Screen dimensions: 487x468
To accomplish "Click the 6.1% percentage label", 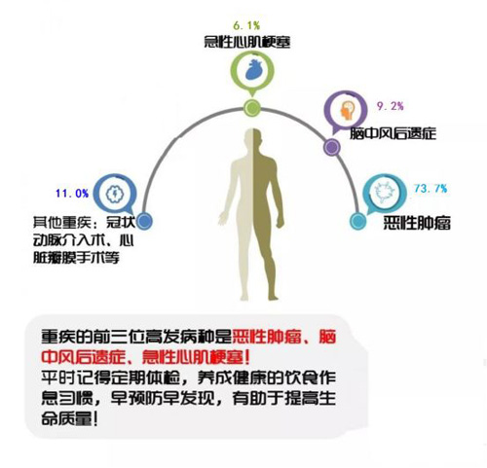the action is click(246, 25).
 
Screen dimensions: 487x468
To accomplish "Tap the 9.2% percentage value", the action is click(391, 106).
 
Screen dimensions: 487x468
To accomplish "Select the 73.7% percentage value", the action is click(431, 188).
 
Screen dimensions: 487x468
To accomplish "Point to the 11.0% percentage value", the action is click(72, 194).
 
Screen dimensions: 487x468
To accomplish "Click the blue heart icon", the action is click(252, 69).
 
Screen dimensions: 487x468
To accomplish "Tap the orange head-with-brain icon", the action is click(347, 110).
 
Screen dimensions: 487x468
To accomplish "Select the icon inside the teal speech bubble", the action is click(385, 194).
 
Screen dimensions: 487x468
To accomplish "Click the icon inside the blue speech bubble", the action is click(115, 194).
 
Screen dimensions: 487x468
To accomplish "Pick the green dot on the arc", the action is click(252, 108).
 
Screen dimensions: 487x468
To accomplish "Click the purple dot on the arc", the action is click(332, 148).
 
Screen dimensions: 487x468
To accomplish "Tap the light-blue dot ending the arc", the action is click(357, 221).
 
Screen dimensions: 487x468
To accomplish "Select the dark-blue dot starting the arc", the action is click(144, 222).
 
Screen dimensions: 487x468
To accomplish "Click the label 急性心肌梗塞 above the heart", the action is click(247, 42).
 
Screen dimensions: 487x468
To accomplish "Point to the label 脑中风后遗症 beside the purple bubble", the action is click(393, 133).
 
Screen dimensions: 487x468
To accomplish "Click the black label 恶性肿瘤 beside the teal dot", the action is click(417, 223).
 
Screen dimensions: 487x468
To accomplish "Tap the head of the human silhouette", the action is click(253, 138).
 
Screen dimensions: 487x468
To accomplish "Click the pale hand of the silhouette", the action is click(223, 217).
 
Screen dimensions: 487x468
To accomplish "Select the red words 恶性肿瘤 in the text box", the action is click(268, 337).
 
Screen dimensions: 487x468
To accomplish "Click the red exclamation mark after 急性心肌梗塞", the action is click(247, 358).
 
